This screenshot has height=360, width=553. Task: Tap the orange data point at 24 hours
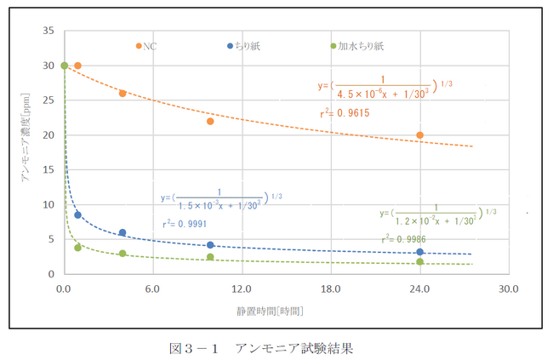(x=420, y=135)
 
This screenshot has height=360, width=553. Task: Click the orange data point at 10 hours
(x=211, y=121)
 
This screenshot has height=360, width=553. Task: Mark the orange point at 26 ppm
(x=123, y=94)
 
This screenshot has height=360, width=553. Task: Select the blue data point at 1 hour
(x=78, y=215)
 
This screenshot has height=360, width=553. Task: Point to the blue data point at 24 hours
(x=420, y=252)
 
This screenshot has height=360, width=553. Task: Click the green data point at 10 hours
(x=211, y=257)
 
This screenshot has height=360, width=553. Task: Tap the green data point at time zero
(x=64, y=66)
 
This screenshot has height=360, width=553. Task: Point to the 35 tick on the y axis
(x=48, y=31)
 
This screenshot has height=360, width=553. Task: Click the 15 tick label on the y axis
(x=48, y=169)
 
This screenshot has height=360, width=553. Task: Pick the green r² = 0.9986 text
(x=403, y=239)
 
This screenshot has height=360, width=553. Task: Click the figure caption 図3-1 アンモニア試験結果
(x=259, y=347)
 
